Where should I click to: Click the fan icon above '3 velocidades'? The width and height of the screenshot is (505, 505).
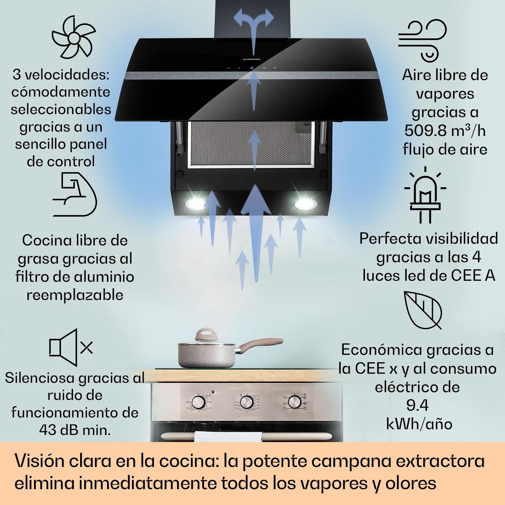point(73,37)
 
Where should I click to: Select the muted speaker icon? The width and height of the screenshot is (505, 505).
point(71,347)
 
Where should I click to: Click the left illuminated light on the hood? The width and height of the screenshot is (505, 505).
point(195,203)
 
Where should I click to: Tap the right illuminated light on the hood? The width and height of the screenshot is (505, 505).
point(305,204)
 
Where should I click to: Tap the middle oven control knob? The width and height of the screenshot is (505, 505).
point(246,402)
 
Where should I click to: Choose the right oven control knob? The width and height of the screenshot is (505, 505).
point(295,401)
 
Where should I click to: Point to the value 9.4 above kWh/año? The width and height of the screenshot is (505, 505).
point(417,405)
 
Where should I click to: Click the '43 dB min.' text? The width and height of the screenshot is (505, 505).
point(75,430)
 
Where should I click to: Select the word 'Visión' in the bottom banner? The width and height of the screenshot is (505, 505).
point(39,461)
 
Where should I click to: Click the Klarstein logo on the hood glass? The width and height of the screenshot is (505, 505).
point(251,59)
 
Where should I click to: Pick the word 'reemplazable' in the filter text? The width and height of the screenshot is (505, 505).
point(75,295)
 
